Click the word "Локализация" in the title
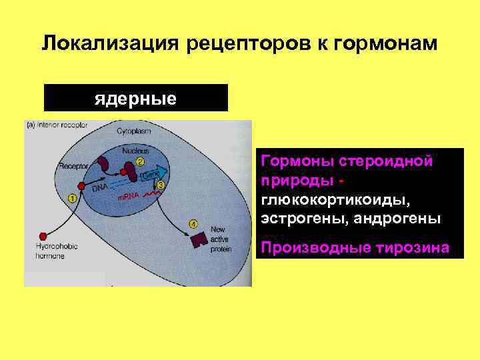111,44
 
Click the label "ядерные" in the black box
135,99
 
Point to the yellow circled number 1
72,197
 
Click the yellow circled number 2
140,161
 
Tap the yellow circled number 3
161,185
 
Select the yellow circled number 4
193,223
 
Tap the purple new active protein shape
199,241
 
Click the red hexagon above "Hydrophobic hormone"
43,235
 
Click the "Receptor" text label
73,166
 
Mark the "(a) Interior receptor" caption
57,125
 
